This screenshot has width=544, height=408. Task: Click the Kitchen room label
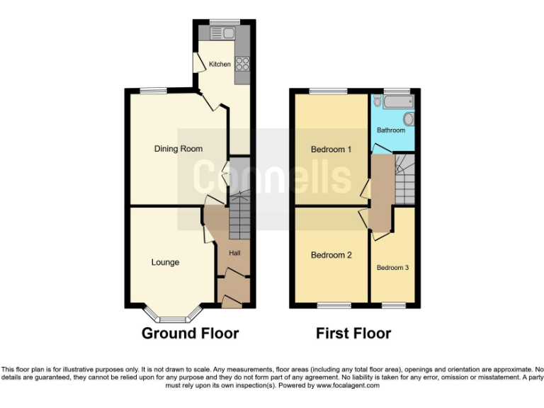(220, 64)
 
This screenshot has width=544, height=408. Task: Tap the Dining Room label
(178, 149)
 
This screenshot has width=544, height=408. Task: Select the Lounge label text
(165, 262)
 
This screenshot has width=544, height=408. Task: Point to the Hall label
(234, 253)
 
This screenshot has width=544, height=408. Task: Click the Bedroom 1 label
(331, 149)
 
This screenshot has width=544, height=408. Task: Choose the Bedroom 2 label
(331, 256)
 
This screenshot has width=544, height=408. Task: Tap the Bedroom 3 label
(392, 268)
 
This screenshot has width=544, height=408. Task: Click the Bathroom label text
(391, 130)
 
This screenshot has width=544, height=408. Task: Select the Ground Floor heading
(191, 333)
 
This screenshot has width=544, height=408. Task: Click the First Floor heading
(353, 333)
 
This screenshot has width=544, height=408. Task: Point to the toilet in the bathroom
(378, 103)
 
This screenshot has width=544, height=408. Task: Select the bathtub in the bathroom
(400, 103)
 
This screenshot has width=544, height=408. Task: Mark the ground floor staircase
(239, 216)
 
